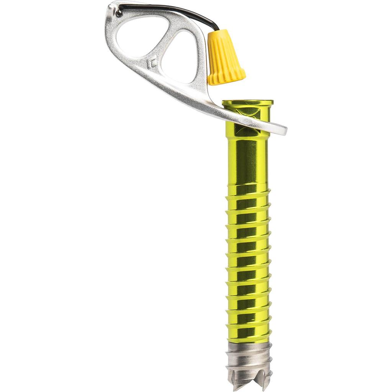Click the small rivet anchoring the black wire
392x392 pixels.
tap(119, 13)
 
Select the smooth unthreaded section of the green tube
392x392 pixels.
tap(248, 161)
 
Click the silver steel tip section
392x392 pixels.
tap(248, 356)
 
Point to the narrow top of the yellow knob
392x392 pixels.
tap(219, 34)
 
